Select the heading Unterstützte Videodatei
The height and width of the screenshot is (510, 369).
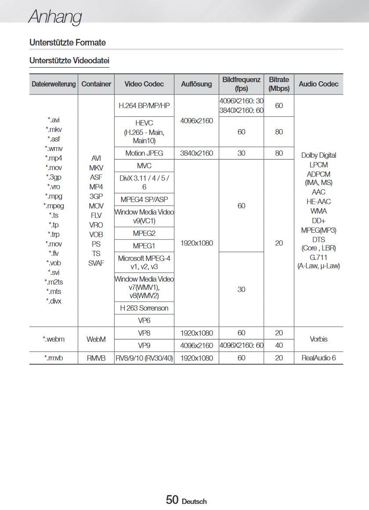click(x=69, y=60)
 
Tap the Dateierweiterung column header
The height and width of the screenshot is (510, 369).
click(x=54, y=84)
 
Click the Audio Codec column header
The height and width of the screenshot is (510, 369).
click(x=318, y=84)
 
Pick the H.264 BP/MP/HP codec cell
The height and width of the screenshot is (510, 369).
click(x=144, y=106)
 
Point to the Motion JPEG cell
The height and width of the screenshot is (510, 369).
click(x=144, y=153)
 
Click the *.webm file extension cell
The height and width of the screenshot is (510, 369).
click(x=54, y=339)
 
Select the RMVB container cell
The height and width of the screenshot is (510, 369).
click(x=96, y=358)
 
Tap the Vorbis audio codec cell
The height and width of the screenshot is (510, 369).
click(x=318, y=339)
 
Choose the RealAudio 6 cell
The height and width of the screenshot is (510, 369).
click(x=318, y=358)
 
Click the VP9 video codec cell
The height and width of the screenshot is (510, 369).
click(x=144, y=345)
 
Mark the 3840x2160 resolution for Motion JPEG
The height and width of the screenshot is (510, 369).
click(x=197, y=153)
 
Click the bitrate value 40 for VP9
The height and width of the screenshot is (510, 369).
click(x=279, y=345)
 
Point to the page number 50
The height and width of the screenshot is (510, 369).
click(x=172, y=499)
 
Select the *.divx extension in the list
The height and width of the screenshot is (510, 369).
click(x=54, y=301)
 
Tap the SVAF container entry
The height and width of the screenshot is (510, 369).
click(x=96, y=263)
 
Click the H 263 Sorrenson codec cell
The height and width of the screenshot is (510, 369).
click(x=144, y=308)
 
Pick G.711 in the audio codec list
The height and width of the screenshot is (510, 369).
click(x=318, y=257)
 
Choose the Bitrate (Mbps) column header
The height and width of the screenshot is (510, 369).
click(x=279, y=84)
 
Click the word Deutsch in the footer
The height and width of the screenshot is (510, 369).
click(x=194, y=501)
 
